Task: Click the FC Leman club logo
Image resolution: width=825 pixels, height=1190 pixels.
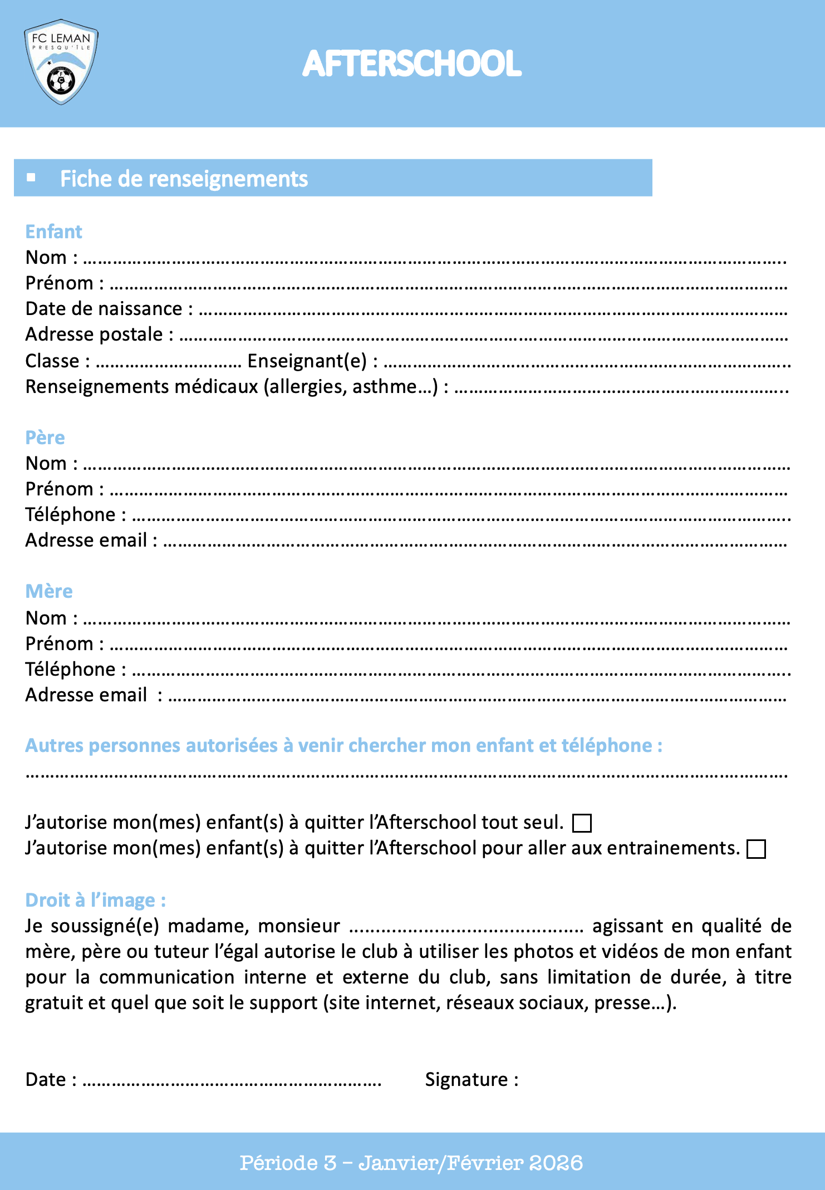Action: click(x=61, y=62)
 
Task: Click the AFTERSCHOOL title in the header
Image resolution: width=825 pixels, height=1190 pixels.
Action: click(x=412, y=63)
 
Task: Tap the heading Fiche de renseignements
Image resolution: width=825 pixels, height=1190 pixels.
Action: click(x=184, y=179)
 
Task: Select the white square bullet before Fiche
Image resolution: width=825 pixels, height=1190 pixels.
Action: click(x=31, y=178)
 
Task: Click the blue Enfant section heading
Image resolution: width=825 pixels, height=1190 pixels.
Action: click(x=54, y=232)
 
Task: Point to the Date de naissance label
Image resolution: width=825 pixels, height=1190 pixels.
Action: click(x=104, y=308)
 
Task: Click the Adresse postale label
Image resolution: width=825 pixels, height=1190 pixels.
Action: click(x=94, y=334)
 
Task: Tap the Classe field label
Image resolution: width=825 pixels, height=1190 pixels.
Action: click(x=52, y=361)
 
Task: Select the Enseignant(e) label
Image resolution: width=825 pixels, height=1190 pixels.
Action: click(x=307, y=361)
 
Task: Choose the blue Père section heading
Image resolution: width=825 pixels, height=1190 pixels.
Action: click(x=45, y=437)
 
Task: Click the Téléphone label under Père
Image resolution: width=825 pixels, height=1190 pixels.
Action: click(x=70, y=514)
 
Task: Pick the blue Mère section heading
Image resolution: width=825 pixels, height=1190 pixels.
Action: click(x=49, y=591)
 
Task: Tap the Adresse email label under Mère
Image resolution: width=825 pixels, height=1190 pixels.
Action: click(x=86, y=695)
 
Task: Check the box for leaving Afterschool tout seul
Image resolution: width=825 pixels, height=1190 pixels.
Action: click(x=582, y=823)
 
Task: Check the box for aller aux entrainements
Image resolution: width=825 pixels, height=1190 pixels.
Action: click(x=756, y=849)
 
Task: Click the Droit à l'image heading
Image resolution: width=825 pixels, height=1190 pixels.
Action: click(x=95, y=900)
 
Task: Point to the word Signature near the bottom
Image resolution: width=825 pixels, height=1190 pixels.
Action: click(x=466, y=1079)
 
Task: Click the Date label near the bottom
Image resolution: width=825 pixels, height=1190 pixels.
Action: click(x=46, y=1079)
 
